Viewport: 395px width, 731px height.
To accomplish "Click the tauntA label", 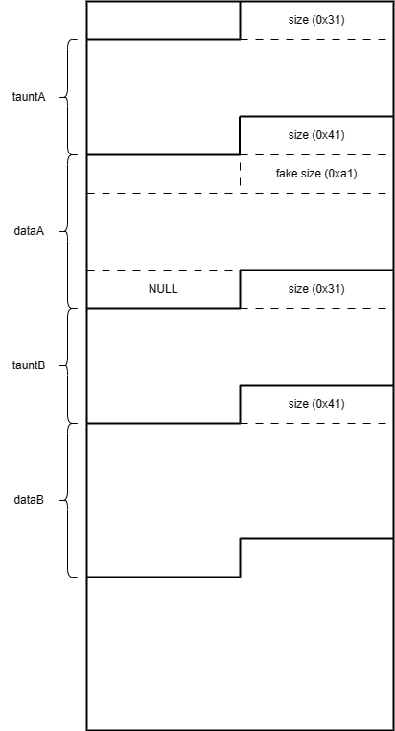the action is pyautogui.click(x=29, y=97).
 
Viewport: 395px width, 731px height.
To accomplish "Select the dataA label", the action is pyautogui.click(x=29, y=231).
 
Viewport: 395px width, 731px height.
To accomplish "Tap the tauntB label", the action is pyautogui.click(x=29, y=365).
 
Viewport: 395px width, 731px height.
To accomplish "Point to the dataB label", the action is pyautogui.click(x=29, y=500).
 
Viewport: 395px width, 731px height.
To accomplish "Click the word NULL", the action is pyautogui.click(x=163, y=289).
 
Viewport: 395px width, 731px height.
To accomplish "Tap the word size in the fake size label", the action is pyautogui.click(x=307, y=174).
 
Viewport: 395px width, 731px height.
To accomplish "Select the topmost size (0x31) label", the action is pyautogui.click(x=316, y=20).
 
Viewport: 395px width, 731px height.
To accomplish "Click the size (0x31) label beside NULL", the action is pyautogui.click(x=316, y=289).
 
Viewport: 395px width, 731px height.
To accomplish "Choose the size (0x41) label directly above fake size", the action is pyautogui.click(x=316, y=135).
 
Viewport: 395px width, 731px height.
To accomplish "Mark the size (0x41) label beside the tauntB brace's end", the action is pyautogui.click(x=316, y=404).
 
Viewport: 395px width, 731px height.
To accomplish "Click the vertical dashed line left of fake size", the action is pyautogui.click(x=240, y=174).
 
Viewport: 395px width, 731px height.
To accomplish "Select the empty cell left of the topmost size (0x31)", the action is pyautogui.click(x=164, y=20).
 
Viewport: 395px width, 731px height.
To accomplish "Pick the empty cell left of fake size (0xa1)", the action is pyautogui.click(x=164, y=174).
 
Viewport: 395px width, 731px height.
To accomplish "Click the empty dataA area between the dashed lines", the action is pyautogui.click(x=240, y=231).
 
